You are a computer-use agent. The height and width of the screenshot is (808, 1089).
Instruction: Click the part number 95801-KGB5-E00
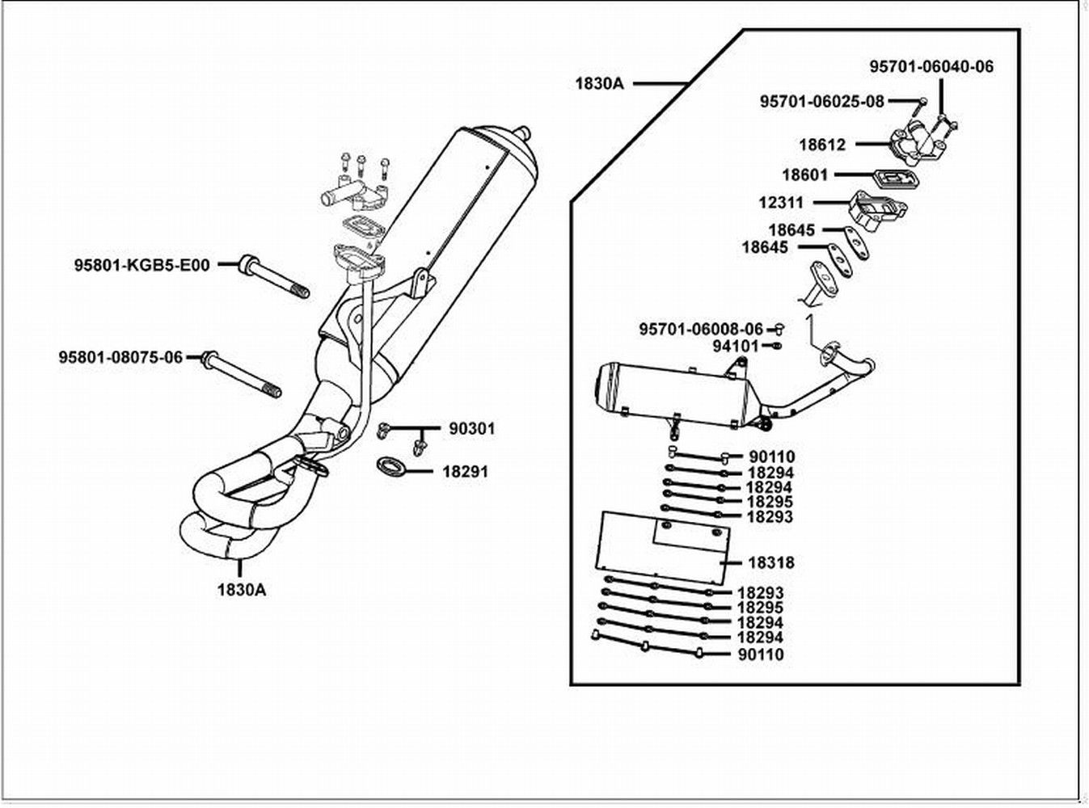click(x=142, y=264)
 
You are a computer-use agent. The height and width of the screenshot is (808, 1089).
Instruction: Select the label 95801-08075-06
click(x=120, y=356)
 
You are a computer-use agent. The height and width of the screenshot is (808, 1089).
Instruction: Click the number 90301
click(x=471, y=429)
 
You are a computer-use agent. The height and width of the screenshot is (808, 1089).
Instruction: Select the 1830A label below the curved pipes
click(x=241, y=589)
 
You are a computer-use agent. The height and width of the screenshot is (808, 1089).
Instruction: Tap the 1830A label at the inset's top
click(x=599, y=82)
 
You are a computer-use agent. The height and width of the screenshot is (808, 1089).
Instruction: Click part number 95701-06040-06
click(x=931, y=67)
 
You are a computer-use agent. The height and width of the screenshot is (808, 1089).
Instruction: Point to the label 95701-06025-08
click(x=821, y=102)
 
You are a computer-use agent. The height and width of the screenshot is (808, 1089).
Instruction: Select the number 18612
click(x=822, y=145)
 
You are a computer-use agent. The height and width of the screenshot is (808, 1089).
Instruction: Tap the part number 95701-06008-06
click(x=700, y=329)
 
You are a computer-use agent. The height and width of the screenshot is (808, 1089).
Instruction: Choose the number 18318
click(x=771, y=562)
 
